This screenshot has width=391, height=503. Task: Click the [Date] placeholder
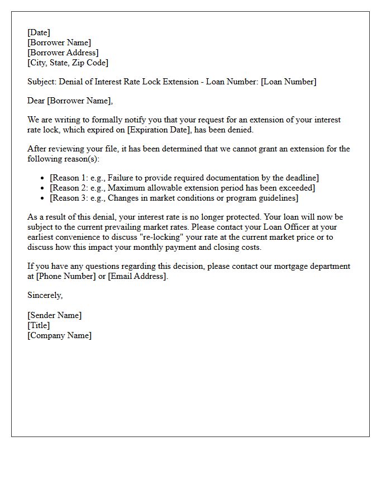[x=39, y=32]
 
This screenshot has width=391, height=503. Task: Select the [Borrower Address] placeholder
[x=63, y=53]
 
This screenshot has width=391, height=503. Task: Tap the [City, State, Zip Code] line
[x=68, y=63]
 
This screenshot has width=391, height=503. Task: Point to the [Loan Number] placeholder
[x=288, y=82]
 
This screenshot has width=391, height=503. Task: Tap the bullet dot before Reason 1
[x=43, y=178]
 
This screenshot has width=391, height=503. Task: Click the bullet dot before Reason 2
[x=43, y=188]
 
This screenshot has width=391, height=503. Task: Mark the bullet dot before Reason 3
[x=43, y=198]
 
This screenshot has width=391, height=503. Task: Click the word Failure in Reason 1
[x=121, y=178]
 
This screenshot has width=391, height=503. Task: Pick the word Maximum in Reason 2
[x=127, y=188]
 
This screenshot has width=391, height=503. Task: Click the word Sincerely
[x=45, y=295]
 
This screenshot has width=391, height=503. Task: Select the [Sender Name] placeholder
[x=54, y=315]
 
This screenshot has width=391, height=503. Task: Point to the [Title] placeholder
[x=39, y=325]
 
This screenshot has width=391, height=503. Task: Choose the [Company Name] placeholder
[x=59, y=335]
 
